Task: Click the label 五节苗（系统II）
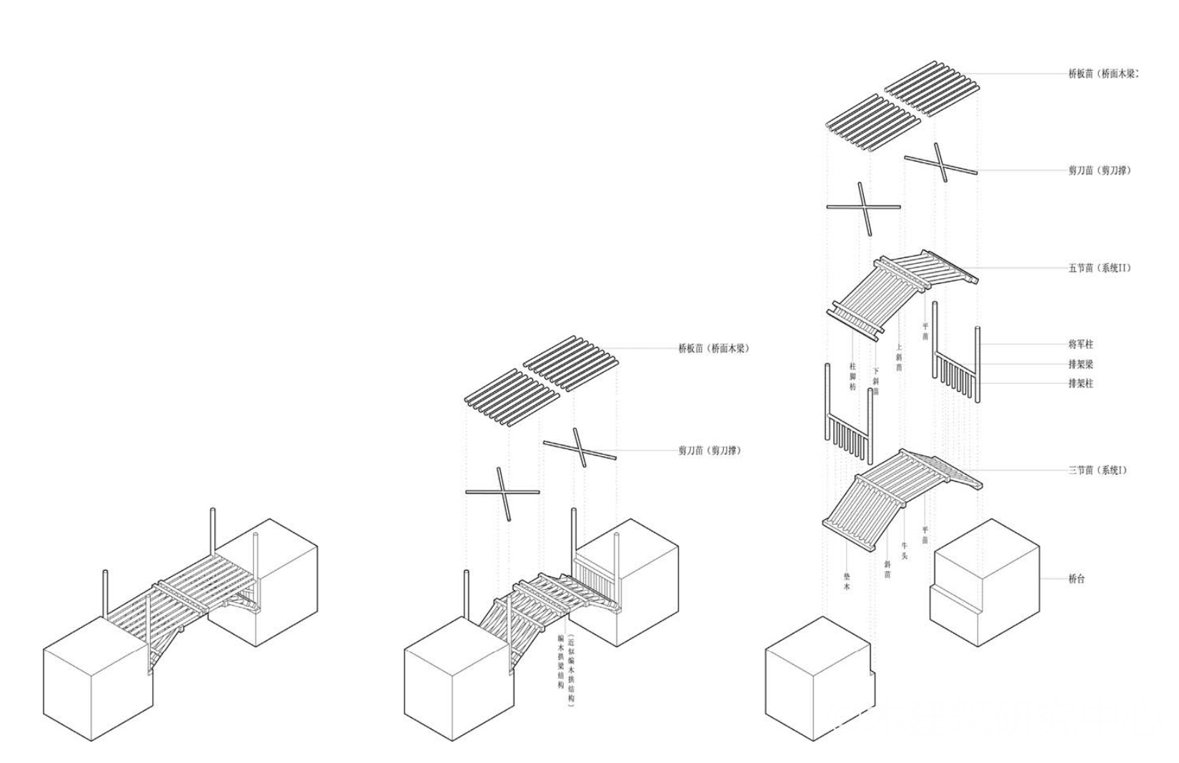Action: tap(1099, 269)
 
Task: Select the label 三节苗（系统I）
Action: tap(1098, 471)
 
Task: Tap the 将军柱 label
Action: tap(1080, 345)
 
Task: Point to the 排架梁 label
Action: tap(1080, 364)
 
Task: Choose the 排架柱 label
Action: tap(1080, 383)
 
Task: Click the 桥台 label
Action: tap(1076, 579)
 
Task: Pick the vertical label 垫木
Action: tap(847, 581)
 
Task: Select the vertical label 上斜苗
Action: tap(899, 358)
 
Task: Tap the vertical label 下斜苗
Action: tap(876, 381)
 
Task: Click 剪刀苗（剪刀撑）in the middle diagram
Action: tap(710, 451)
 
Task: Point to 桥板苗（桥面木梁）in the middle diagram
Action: tap(713, 349)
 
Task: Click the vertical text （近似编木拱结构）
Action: tap(570, 670)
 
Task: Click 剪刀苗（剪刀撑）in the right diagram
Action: tap(1099, 171)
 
